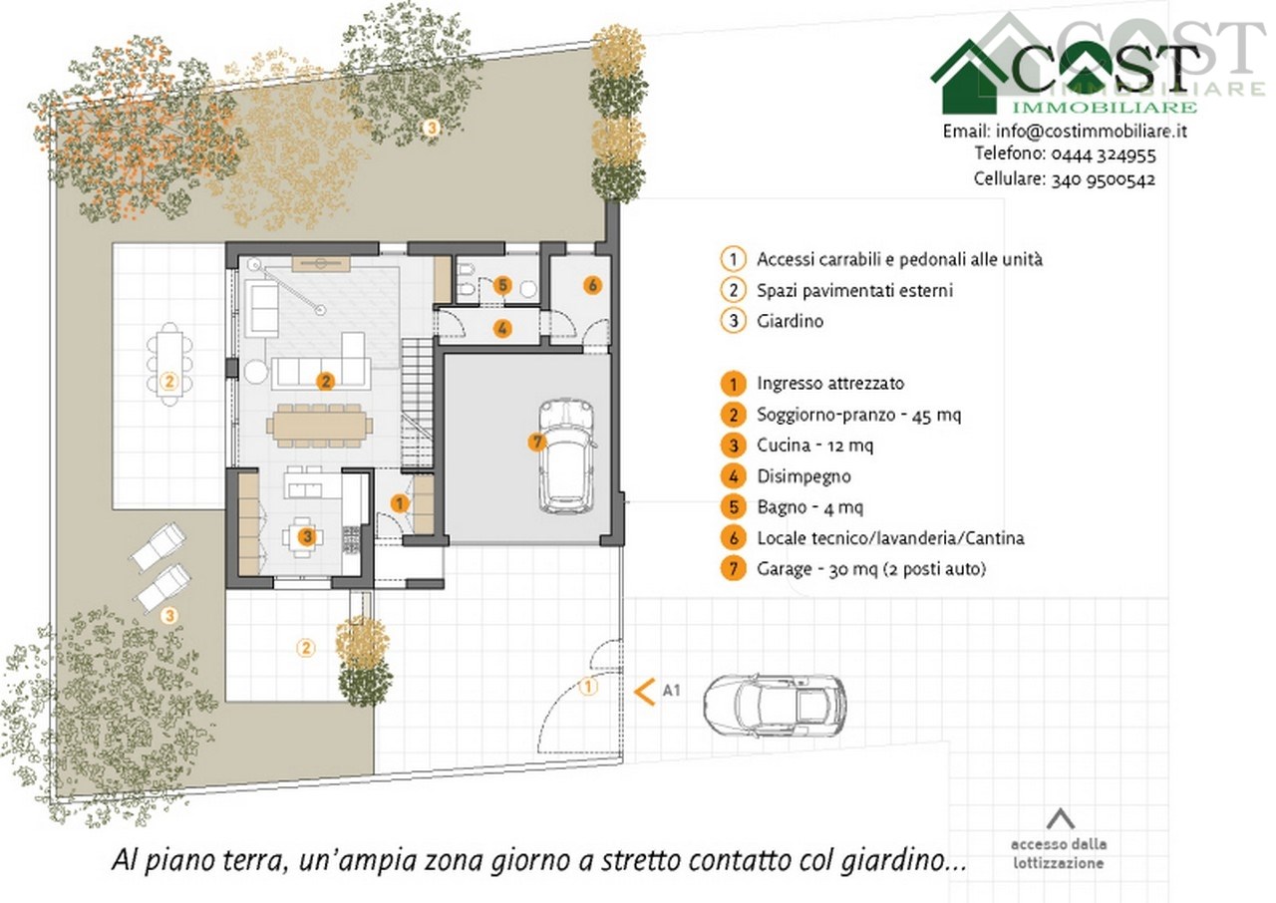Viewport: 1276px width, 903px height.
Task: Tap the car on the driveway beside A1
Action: point(775,706)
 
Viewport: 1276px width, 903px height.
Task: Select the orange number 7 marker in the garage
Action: point(536,442)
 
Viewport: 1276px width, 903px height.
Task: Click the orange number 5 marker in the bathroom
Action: point(501,285)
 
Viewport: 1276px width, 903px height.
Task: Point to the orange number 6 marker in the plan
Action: point(592,285)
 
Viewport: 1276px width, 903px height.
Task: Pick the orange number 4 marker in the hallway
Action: point(501,328)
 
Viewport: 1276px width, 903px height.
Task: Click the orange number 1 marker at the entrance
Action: point(400,503)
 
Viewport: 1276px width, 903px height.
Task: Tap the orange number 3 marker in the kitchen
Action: point(307,536)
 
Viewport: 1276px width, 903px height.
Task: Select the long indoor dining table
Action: point(320,426)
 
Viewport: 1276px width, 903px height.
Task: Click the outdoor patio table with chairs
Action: point(169,364)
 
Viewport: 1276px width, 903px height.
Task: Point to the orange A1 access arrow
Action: point(644,692)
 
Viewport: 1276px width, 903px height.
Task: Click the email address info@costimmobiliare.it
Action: point(1091,132)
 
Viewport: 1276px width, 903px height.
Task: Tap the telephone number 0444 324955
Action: point(1104,154)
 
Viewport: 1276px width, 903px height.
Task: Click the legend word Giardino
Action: point(791,321)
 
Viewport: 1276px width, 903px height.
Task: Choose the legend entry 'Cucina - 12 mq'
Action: point(814,445)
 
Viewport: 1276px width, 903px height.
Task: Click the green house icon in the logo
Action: point(970,77)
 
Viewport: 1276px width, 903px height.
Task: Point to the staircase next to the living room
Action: point(418,403)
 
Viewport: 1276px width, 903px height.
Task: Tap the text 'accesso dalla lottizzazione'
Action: point(1059,853)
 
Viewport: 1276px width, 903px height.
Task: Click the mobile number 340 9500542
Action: point(1104,179)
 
